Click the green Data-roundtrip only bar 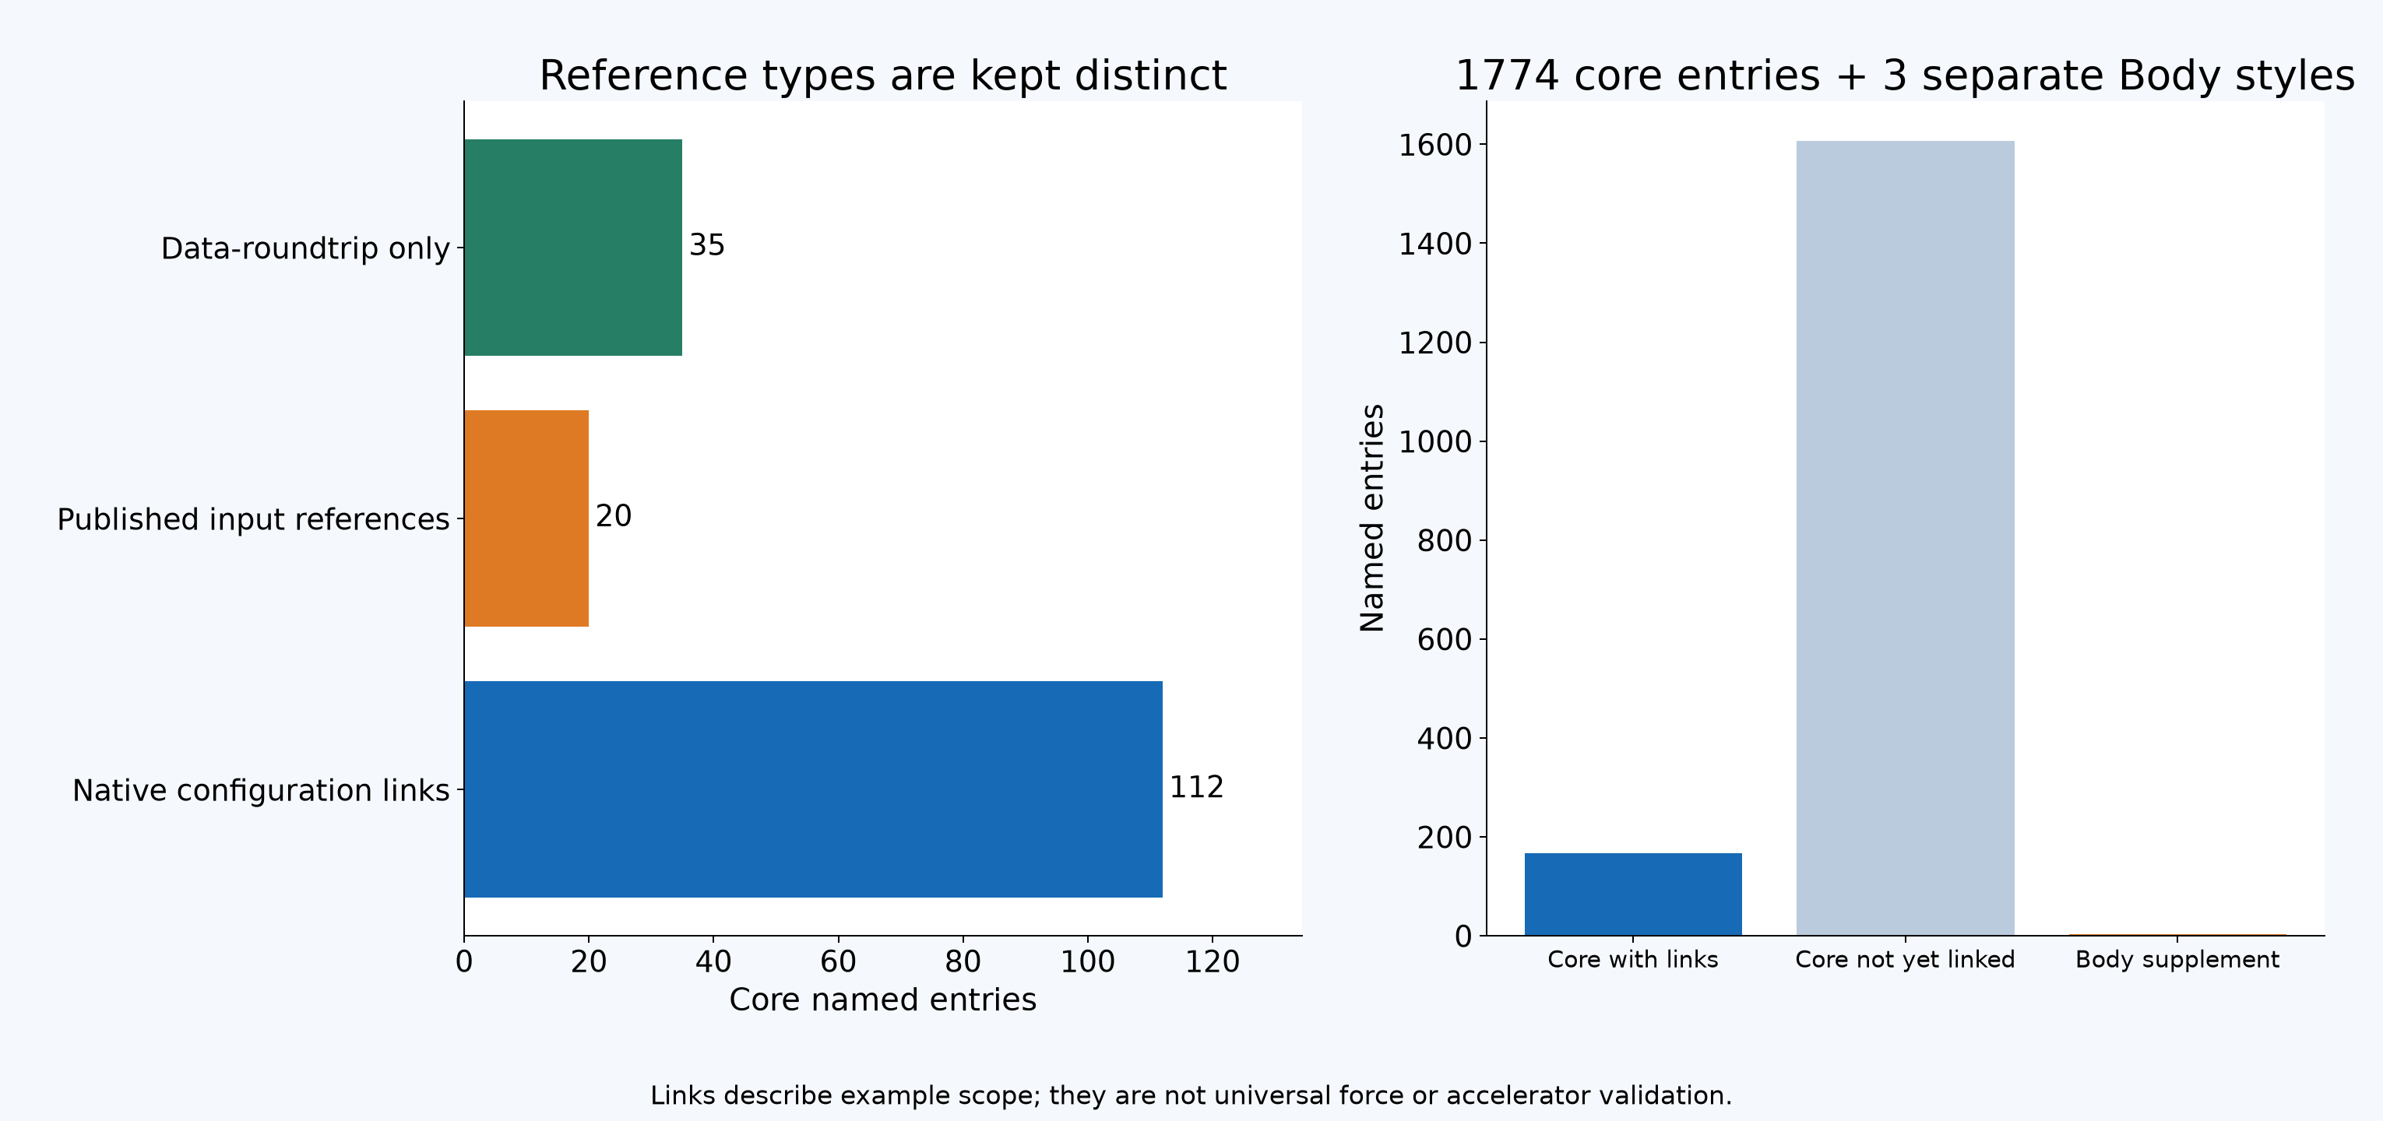click(x=572, y=247)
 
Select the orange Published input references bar click(x=526, y=518)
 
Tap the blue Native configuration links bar click(x=813, y=789)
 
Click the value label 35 click(x=707, y=245)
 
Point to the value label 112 click(x=1196, y=787)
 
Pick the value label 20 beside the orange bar click(x=614, y=516)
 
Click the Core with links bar click(x=1633, y=894)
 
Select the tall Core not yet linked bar click(x=1905, y=538)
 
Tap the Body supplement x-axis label click(x=2177, y=959)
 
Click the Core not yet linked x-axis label click(x=1905, y=959)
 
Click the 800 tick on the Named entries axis click(x=1444, y=540)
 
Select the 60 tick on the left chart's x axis click(x=838, y=962)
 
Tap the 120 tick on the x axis click(x=1212, y=962)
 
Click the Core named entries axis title click(x=882, y=1000)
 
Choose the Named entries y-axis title click(x=1372, y=518)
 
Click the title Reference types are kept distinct click(x=882, y=75)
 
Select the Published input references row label click(x=253, y=519)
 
